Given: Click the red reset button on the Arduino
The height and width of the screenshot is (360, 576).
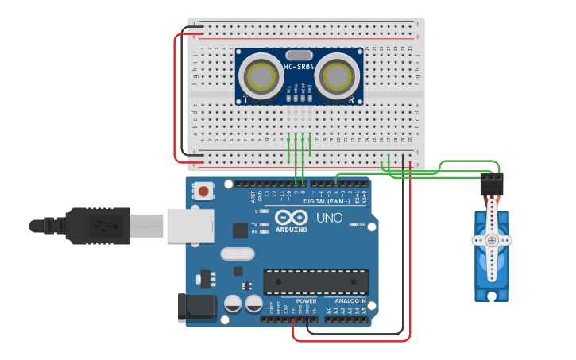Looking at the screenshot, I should coord(204,191).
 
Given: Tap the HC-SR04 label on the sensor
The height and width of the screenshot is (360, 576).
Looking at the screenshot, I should coord(300,67).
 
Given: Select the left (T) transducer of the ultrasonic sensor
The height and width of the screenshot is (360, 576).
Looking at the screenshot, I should coord(260,76).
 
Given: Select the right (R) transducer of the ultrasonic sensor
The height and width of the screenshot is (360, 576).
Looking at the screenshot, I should coord(336,76).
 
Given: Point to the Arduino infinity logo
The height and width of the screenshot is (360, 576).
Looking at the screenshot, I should coord(291,217).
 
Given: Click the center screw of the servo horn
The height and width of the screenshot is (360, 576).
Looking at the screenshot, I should coord(492,240).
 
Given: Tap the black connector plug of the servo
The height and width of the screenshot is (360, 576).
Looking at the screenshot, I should coord(492,185).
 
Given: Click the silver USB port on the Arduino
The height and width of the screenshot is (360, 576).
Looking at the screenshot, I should coord(190,225).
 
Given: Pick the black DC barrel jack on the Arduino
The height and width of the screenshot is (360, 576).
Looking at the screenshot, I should coord(196,307).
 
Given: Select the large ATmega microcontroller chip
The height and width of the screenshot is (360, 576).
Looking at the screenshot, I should coord(315,281).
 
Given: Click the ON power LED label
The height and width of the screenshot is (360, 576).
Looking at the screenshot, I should coord(362,225).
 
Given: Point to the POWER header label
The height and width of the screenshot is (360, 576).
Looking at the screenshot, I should coord(306,301).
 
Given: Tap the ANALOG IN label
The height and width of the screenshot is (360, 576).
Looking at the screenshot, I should coord(350,301).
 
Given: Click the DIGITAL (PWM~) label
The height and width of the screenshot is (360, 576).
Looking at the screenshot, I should coord(328,201).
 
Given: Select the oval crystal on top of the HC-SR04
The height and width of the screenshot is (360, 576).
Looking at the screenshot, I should coord(298,54).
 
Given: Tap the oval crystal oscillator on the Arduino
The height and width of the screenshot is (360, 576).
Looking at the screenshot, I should coord(237,254).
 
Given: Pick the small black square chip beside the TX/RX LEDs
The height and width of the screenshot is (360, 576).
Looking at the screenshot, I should coord(240,230).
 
